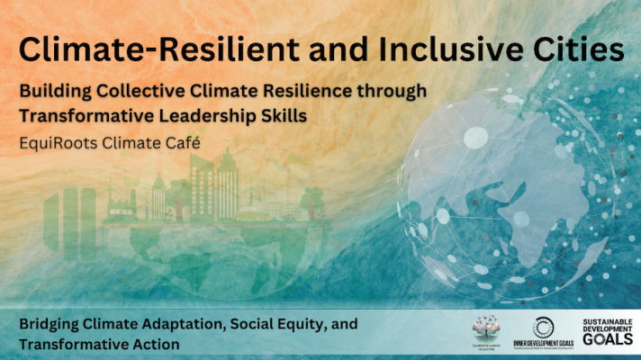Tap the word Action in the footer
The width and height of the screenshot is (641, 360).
click(x=154, y=344)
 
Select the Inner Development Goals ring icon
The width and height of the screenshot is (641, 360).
click(x=543, y=326)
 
